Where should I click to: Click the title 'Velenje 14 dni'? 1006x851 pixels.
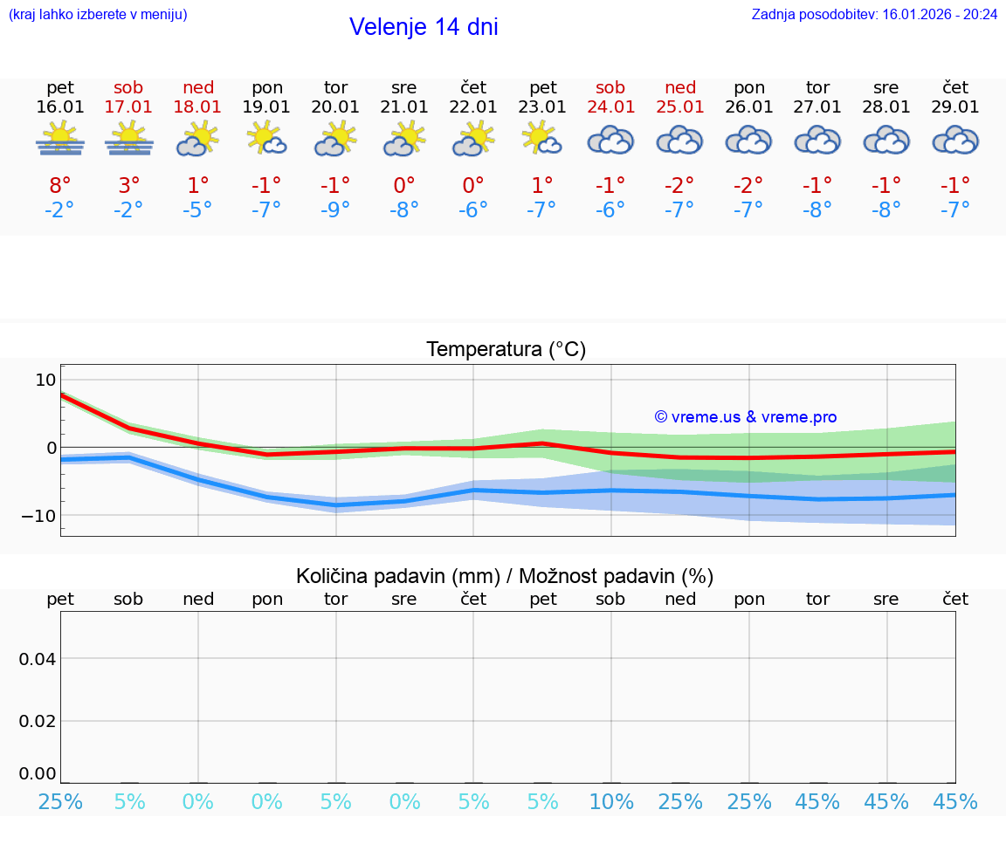click(424, 27)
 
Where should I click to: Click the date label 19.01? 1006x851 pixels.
click(266, 106)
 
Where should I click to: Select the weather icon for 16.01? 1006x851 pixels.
click(60, 139)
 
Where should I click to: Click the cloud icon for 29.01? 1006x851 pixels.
click(955, 140)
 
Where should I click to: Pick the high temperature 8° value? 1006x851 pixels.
click(60, 186)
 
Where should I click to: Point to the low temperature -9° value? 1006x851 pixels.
click(335, 209)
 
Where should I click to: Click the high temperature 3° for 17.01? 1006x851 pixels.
click(128, 186)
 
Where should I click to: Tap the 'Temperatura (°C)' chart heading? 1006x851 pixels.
click(506, 350)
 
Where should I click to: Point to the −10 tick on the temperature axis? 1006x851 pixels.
click(39, 515)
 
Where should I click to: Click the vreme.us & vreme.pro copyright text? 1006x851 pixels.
click(746, 417)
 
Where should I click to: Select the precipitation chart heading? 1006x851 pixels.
click(505, 576)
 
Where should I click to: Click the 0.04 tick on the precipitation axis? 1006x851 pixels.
click(38, 659)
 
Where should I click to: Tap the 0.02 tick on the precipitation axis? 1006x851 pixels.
click(38, 721)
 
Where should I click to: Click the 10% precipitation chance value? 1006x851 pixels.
click(610, 802)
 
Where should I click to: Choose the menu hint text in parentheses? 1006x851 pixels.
click(98, 14)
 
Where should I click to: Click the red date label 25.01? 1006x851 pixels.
click(680, 106)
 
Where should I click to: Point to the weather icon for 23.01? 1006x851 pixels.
click(542, 139)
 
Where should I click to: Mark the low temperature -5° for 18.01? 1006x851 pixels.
click(198, 209)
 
